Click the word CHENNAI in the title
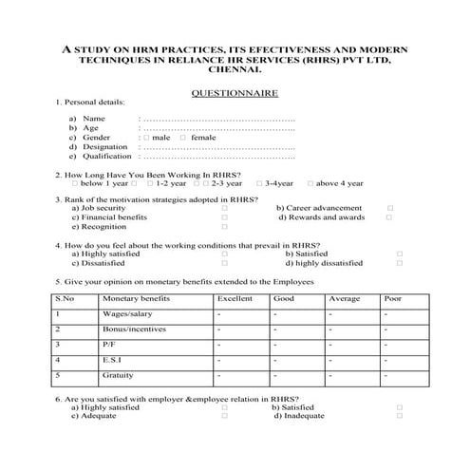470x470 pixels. point(235,69)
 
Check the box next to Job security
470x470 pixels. point(224,208)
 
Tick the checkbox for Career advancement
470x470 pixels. point(389,208)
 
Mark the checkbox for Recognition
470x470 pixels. point(224,228)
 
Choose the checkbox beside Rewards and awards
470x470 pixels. point(389,217)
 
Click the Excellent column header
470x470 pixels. point(235,298)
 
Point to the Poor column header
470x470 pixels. point(392,298)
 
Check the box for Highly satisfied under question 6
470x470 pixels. point(224,406)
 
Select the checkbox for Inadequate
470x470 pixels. point(399,416)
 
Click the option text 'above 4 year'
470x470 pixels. point(339,182)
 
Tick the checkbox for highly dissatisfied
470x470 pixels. point(399,264)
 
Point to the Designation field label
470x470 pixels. point(104,146)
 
